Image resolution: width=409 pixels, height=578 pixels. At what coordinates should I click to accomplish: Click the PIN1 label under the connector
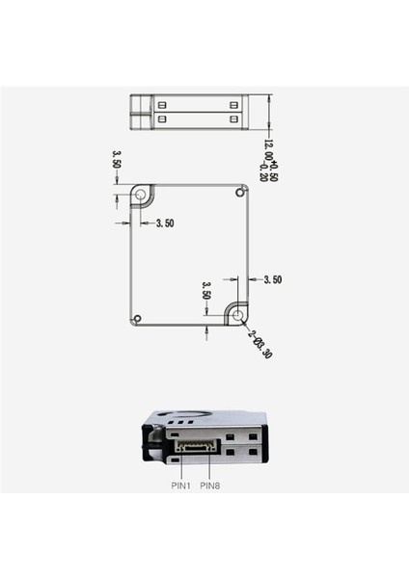click(182, 486)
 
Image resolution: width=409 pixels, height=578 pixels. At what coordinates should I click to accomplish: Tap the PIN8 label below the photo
click(211, 486)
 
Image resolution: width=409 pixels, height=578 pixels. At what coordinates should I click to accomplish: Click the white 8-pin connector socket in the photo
click(197, 447)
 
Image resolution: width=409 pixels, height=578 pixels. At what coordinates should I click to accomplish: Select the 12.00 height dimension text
click(269, 153)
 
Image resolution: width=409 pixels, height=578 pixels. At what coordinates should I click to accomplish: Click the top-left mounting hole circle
click(142, 197)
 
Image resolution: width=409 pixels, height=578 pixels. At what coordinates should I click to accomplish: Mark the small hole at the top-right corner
click(240, 193)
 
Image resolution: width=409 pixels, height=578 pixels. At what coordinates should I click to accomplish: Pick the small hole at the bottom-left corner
click(138, 318)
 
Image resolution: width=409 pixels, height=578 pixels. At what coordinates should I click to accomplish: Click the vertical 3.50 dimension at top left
click(117, 159)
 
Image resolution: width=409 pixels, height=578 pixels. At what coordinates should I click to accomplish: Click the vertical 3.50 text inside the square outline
click(205, 292)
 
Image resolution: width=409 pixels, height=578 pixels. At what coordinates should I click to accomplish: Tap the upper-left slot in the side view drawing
click(163, 103)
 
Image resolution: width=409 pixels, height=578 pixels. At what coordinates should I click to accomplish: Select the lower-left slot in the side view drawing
click(163, 118)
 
